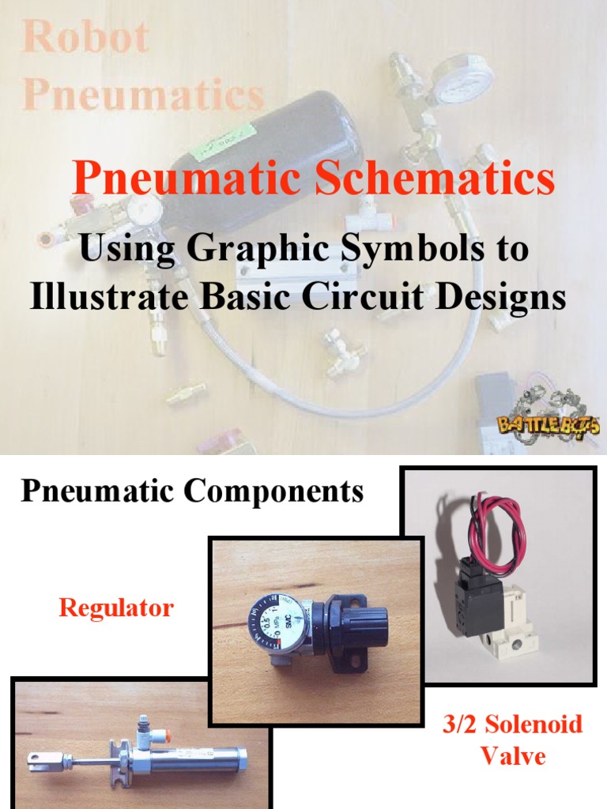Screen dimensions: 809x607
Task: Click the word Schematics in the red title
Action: tap(434, 179)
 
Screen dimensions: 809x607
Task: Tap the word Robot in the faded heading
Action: tap(86, 37)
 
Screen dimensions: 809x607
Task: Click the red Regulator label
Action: tap(116, 608)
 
